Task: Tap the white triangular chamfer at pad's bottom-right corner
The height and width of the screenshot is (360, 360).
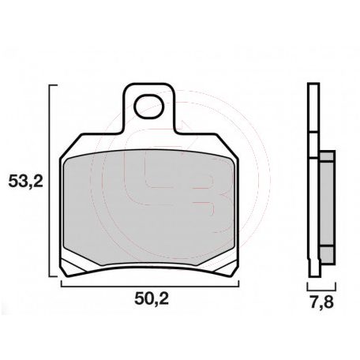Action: click(230, 264)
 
